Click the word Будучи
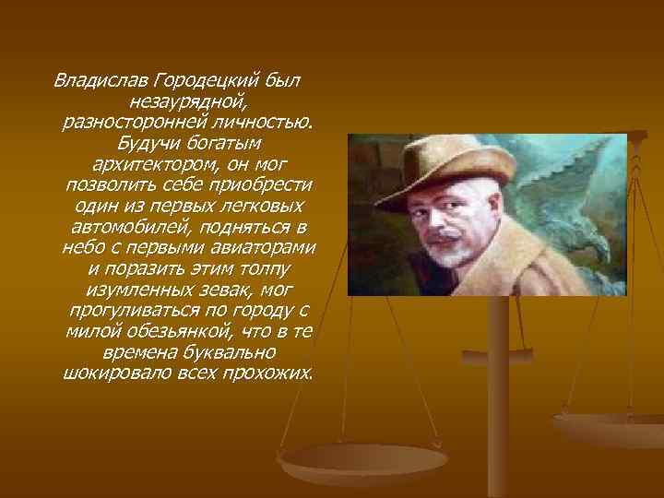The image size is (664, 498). pyautogui.click(x=147, y=143)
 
